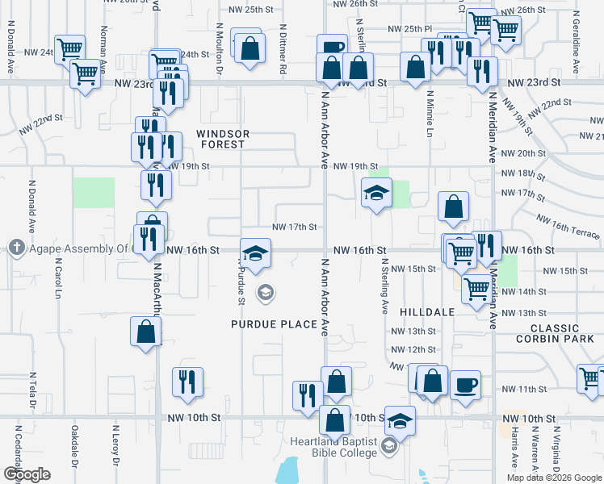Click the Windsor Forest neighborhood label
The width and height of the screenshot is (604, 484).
pyautogui.click(x=223, y=139)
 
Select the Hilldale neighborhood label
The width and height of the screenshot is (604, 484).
pyautogui.click(x=427, y=311)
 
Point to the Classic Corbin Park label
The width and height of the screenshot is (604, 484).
pyautogui.click(x=566, y=334)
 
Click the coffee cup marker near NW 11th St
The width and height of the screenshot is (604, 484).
pyautogui.click(x=465, y=384)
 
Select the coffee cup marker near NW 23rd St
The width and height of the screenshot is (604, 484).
pyautogui.click(x=331, y=48)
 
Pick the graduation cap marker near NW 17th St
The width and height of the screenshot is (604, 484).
pyautogui.click(x=375, y=194)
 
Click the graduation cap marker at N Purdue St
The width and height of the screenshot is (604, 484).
pyautogui.click(x=255, y=253)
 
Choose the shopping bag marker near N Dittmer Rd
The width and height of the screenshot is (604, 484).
pyautogui.click(x=250, y=46)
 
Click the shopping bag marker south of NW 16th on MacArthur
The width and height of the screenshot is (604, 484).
pyautogui.click(x=145, y=332)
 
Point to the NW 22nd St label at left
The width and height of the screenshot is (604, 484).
pyautogui.click(x=44, y=119)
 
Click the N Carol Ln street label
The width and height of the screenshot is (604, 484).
pyautogui.click(x=57, y=279)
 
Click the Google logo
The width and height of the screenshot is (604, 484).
pyautogui.click(x=26, y=474)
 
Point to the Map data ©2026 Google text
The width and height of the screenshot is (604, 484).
pyautogui.click(x=553, y=478)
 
